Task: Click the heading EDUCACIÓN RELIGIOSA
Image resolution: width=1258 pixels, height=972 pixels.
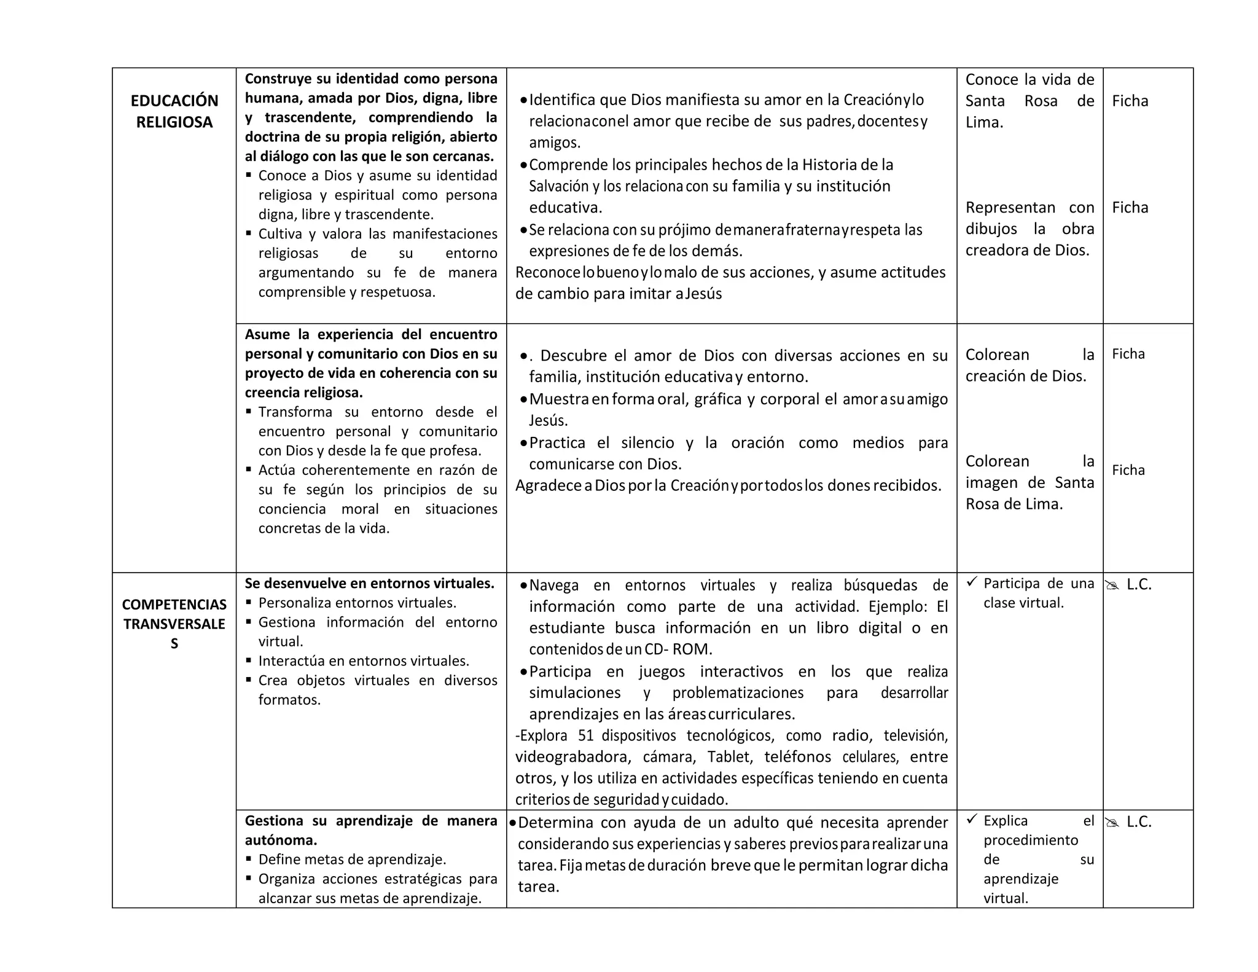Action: click(x=174, y=111)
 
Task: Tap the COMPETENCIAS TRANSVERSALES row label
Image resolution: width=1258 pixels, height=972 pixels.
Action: click(x=174, y=624)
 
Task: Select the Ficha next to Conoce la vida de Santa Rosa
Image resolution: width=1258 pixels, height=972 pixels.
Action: click(x=1130, y=101)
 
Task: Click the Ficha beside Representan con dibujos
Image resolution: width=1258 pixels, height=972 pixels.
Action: click(x=1130, y=208)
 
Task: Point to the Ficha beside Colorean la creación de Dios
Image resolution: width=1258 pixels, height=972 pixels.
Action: click(x=1128, y=354)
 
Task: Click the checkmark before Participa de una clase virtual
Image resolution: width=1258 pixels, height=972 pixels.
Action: click(x=971, y=582)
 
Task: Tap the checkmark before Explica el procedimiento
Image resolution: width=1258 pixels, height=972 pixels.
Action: click(x=971, y=819)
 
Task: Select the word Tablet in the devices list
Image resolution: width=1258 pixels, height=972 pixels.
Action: click(x=729, y=757)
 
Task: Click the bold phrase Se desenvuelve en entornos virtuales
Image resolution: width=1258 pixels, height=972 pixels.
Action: click(x=369, y=584)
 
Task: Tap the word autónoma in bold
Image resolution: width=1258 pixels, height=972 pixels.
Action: click(x=281, y=840)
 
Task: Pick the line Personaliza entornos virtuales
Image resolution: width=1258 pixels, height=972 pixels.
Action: click(x=357, y=603)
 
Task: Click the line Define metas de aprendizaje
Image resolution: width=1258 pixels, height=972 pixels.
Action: click(x=352, y=860)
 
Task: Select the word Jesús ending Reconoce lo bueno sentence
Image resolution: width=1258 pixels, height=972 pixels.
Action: click(x=703, y=294)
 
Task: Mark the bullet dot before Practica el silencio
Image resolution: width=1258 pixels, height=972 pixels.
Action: click(x=523, y=443)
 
